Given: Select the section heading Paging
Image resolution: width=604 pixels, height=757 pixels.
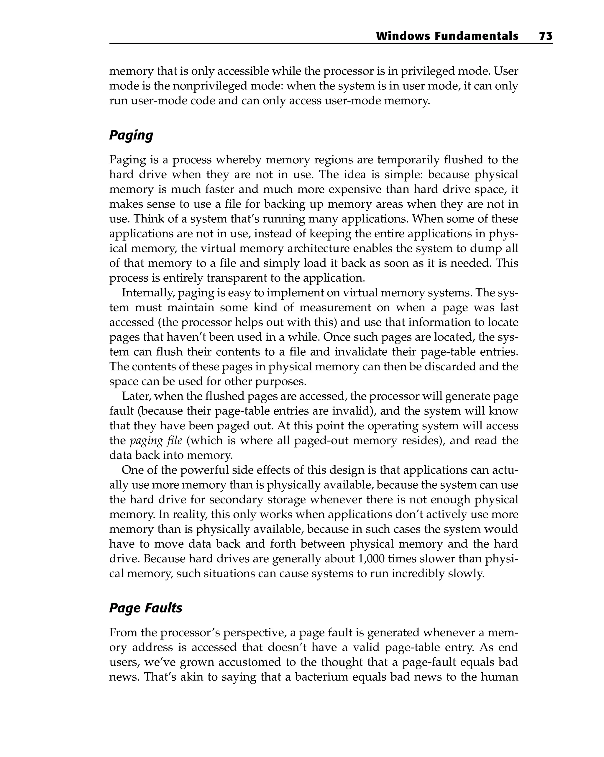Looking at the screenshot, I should point(131,135).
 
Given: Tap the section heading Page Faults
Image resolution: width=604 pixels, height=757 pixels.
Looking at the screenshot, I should point(145,608).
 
